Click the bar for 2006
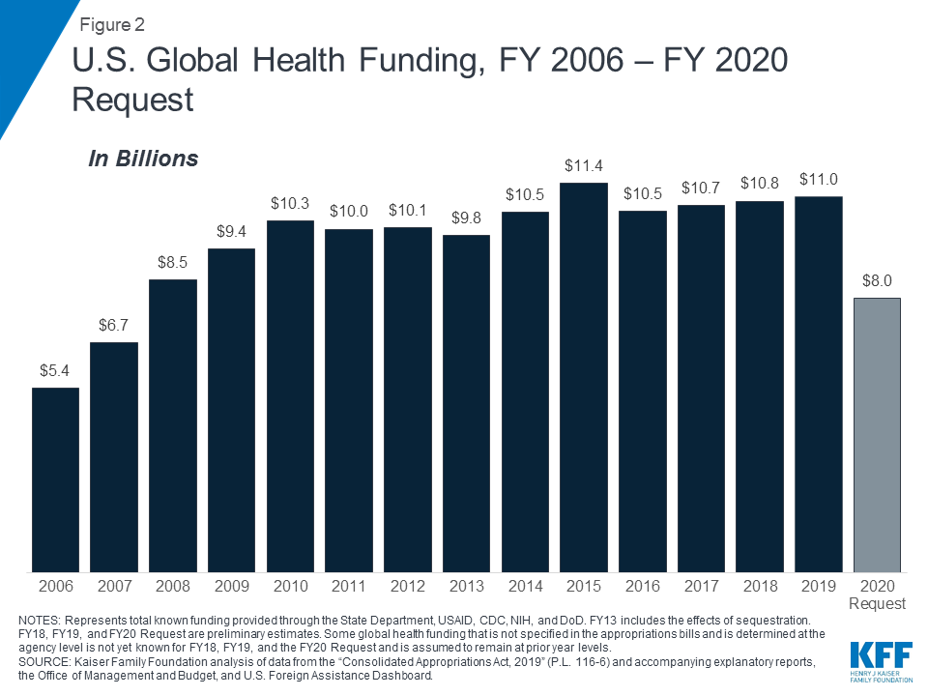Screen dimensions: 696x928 pyautogui.click(x=55, y=478)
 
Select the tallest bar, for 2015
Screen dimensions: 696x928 pyautogui.click(x=584, y=377)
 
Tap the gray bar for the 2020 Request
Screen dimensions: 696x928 pyautogui.click(x=877, y=434)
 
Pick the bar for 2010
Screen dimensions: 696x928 pyautogui.click(x=290, y=395)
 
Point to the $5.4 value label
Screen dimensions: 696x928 pyautogui.click(x=55, y=371)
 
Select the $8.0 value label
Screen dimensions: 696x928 pyautogui.click(x=877, y=281)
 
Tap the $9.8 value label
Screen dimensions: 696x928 pyautogui.click(x=466, y=218)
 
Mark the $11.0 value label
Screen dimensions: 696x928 pyautogui.click(x=819, y=180)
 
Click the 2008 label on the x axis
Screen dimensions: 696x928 pyautogui.click(x=173, y=586)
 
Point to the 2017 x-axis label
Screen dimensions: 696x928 pyautogui.click(x=701, y=586)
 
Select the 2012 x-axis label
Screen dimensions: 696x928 pyautogui.click(x=407, y=586)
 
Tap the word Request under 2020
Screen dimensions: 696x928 pyautogui.click(x=877, y=604)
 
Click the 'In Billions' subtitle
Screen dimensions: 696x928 pyautogui.click(x=143, y=159)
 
